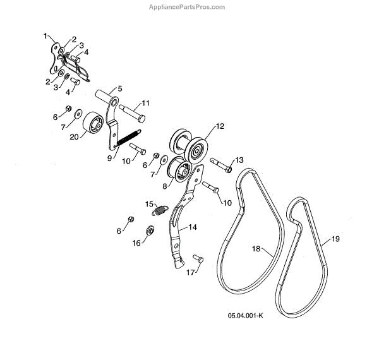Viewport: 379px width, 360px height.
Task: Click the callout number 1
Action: pyautogui.click(x=45, y=36)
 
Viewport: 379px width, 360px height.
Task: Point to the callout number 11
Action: pyautogui.click(x=145, y=102)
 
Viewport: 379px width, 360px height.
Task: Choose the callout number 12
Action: pyautogui.click(x=220, y=126)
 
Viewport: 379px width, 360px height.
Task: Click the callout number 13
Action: pyautogui.click(x=239, y=160)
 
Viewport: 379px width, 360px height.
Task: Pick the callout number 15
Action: pyautogui.click(x=150, y=203)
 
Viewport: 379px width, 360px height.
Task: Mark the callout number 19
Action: pyautogui.click(x=335, y=240)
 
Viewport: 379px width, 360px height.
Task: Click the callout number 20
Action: pyautogui.click(x=74, y=136)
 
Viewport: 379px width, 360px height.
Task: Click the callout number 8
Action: pyautogui.click(x=165, y=186)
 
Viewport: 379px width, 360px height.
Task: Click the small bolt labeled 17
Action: pyautogui.click(x=196, y=258)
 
